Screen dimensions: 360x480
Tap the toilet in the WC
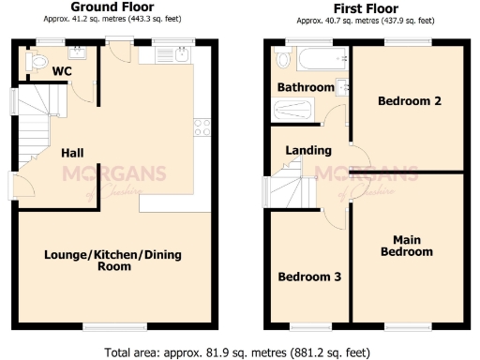[x=38, y=62]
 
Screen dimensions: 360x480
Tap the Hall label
[x=74, y=152]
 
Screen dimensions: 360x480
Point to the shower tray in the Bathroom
[x=295, y=111]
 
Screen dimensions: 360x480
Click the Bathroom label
[x=306, y=87]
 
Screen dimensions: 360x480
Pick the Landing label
[x=308, y=150]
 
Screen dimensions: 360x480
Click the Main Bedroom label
[x=412, y=246]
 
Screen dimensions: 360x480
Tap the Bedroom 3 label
[x=309, y=277]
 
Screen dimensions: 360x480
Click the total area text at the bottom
[x=240, y=351]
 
